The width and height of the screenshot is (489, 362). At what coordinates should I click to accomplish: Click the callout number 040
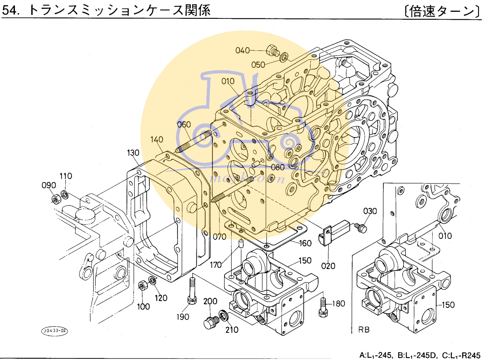(243, 50)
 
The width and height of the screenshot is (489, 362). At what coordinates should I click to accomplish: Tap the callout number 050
(258, 65)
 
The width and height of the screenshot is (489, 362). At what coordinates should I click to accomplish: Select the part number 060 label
(184, 124)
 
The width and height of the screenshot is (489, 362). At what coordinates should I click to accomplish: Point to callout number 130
(133, 153)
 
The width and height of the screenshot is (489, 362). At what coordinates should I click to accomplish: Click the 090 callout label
(49, 185)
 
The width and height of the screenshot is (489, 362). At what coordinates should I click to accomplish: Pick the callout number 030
(370, 211)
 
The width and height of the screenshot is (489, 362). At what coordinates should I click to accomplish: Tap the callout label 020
(328, 266)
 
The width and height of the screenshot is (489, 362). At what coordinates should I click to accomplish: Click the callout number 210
(232, 330)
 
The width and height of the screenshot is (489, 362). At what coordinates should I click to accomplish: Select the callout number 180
(338, 303)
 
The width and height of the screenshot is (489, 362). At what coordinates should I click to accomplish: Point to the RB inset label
(364, 330)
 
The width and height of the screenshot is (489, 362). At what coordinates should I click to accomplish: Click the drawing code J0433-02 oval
(55, 331)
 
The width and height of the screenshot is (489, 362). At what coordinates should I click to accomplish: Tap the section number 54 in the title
(10, 10)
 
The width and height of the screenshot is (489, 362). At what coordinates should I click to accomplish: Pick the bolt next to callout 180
(323, 307)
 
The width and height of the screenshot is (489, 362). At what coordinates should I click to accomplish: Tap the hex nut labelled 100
(143, 285)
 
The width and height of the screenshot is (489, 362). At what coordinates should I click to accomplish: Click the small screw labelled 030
(361, 228)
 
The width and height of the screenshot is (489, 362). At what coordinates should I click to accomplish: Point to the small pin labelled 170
(241, 244)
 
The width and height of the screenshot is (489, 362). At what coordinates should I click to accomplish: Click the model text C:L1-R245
(461, 355)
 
